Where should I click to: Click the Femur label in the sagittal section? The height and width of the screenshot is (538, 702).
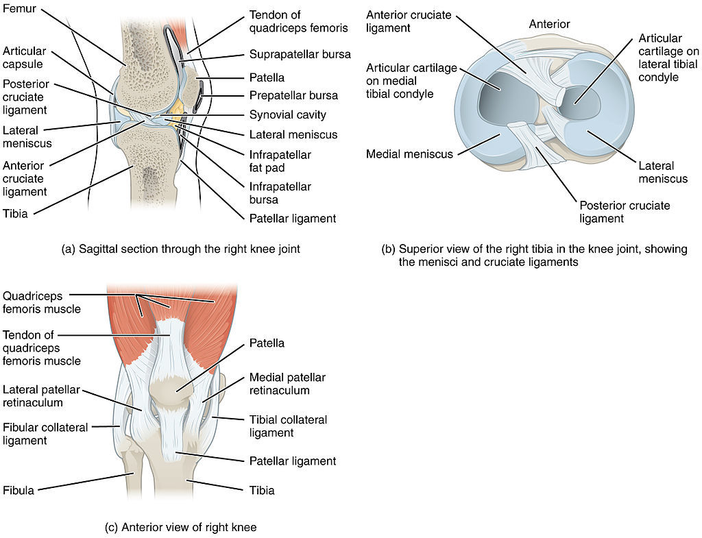coord(19,8)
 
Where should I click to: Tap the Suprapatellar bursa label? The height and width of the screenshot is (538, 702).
coord(300,55)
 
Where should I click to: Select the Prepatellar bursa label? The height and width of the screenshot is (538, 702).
coord(293,95)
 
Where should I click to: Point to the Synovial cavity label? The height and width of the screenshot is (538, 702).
coord(287,115)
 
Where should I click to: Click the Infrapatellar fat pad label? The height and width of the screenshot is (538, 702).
coord(280,161)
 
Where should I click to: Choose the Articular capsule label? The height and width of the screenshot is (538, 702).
coord(24,58)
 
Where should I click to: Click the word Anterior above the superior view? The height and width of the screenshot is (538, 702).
coord(549,24)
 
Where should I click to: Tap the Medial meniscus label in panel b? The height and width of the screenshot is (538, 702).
coord(409,154)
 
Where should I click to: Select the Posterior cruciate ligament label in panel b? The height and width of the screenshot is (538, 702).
coord(625,212)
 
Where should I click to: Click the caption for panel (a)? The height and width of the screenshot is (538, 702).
coord(180,249)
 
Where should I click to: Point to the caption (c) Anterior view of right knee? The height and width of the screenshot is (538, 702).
coord(180,527)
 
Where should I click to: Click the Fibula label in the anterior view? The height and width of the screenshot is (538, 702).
coord(19,491)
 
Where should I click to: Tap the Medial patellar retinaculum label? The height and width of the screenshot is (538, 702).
coord(287,384)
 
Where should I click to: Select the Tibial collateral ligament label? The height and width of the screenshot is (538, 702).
coord(288,426)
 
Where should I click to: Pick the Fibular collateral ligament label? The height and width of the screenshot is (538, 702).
coord(45,434)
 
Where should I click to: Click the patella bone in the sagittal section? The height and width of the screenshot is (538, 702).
coord(191,85)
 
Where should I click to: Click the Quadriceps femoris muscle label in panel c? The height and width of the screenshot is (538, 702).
coord(42,302)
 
